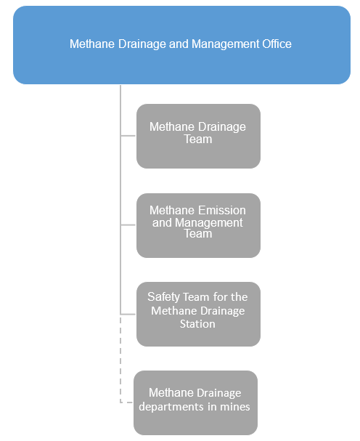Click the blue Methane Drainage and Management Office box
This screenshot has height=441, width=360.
click(x=181, y=45)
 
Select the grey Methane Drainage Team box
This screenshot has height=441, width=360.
click(x=198, y=136)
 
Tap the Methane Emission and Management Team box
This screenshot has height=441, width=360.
click(x=198, y=225)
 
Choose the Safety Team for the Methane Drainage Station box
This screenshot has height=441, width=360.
click(x=198, y=314)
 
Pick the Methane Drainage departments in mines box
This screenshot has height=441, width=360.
click(x=195, y=402)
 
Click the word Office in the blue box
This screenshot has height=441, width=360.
click(x=277, y=44)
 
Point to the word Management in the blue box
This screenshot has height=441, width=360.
click(x=226, y=44)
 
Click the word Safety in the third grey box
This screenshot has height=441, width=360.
click(x=163, y=297)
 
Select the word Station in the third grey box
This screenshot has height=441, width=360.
click(x=197, y=324)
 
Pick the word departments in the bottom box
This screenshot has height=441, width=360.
click(x=171, y=407)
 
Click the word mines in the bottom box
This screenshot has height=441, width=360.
click(x=235, y=407)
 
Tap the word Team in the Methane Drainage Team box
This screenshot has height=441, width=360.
click(x=198, y=139)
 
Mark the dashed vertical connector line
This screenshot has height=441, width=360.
click(x=120, y=358)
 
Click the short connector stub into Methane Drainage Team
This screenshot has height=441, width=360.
click(x=128, y=136)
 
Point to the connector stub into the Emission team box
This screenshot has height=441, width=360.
click(x=128, y=224)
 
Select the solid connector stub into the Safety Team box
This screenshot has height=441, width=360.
click(x=128, y=314)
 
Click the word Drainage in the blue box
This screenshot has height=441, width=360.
click(x=142, y=44)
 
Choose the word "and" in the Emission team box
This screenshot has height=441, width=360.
click(x=162, y=223)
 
